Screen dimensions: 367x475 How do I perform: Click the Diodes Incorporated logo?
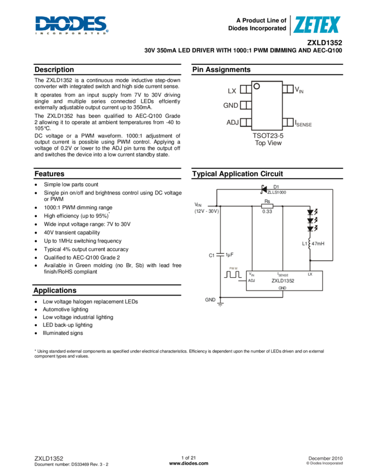click(x=72, y=26)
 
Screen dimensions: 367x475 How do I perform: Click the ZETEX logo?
click(x=316, y=25)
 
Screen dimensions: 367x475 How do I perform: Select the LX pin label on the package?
click(x=232, y=91)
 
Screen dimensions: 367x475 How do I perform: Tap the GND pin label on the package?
click(x=231, y=105)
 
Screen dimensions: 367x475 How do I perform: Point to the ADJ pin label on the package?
click(x=232, y=122)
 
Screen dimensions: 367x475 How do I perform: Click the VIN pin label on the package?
click(x=299, y=89)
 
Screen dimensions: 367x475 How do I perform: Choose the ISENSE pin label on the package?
click(x=303, y=123)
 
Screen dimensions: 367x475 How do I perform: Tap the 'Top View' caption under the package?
click(x=268, y=143)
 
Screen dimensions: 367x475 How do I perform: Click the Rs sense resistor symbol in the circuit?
click(x=267, y=205)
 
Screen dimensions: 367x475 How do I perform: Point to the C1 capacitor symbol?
click(x=220, y=254)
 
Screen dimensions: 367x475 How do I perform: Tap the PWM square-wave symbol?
click(x=233, y=274)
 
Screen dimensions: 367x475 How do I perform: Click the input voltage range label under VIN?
click(x=206, y=211)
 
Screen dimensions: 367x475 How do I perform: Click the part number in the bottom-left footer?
click(x=49, y=458)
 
